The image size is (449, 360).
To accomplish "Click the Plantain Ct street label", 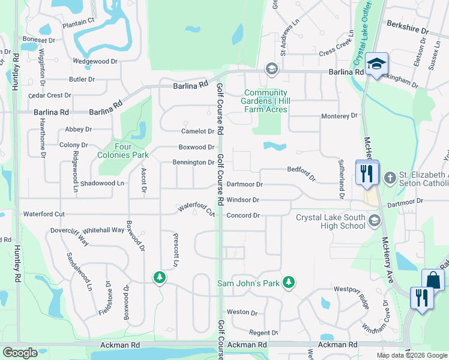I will pos(78,21).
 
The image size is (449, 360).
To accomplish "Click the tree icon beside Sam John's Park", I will pos(289,282).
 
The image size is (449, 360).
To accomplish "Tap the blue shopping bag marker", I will pos(433,280).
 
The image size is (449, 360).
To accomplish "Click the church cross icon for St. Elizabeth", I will pos(390,178).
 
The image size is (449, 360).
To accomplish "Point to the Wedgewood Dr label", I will pos(95,61).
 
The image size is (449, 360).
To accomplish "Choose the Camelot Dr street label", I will pos(198,131).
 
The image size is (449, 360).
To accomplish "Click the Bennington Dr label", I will pos(193,163).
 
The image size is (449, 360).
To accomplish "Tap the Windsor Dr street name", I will pos(243,200).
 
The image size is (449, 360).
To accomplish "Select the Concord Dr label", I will pos(243,215).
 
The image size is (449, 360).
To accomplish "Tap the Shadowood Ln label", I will pos(102,183).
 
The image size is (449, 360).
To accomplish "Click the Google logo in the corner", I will pos(20,353).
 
